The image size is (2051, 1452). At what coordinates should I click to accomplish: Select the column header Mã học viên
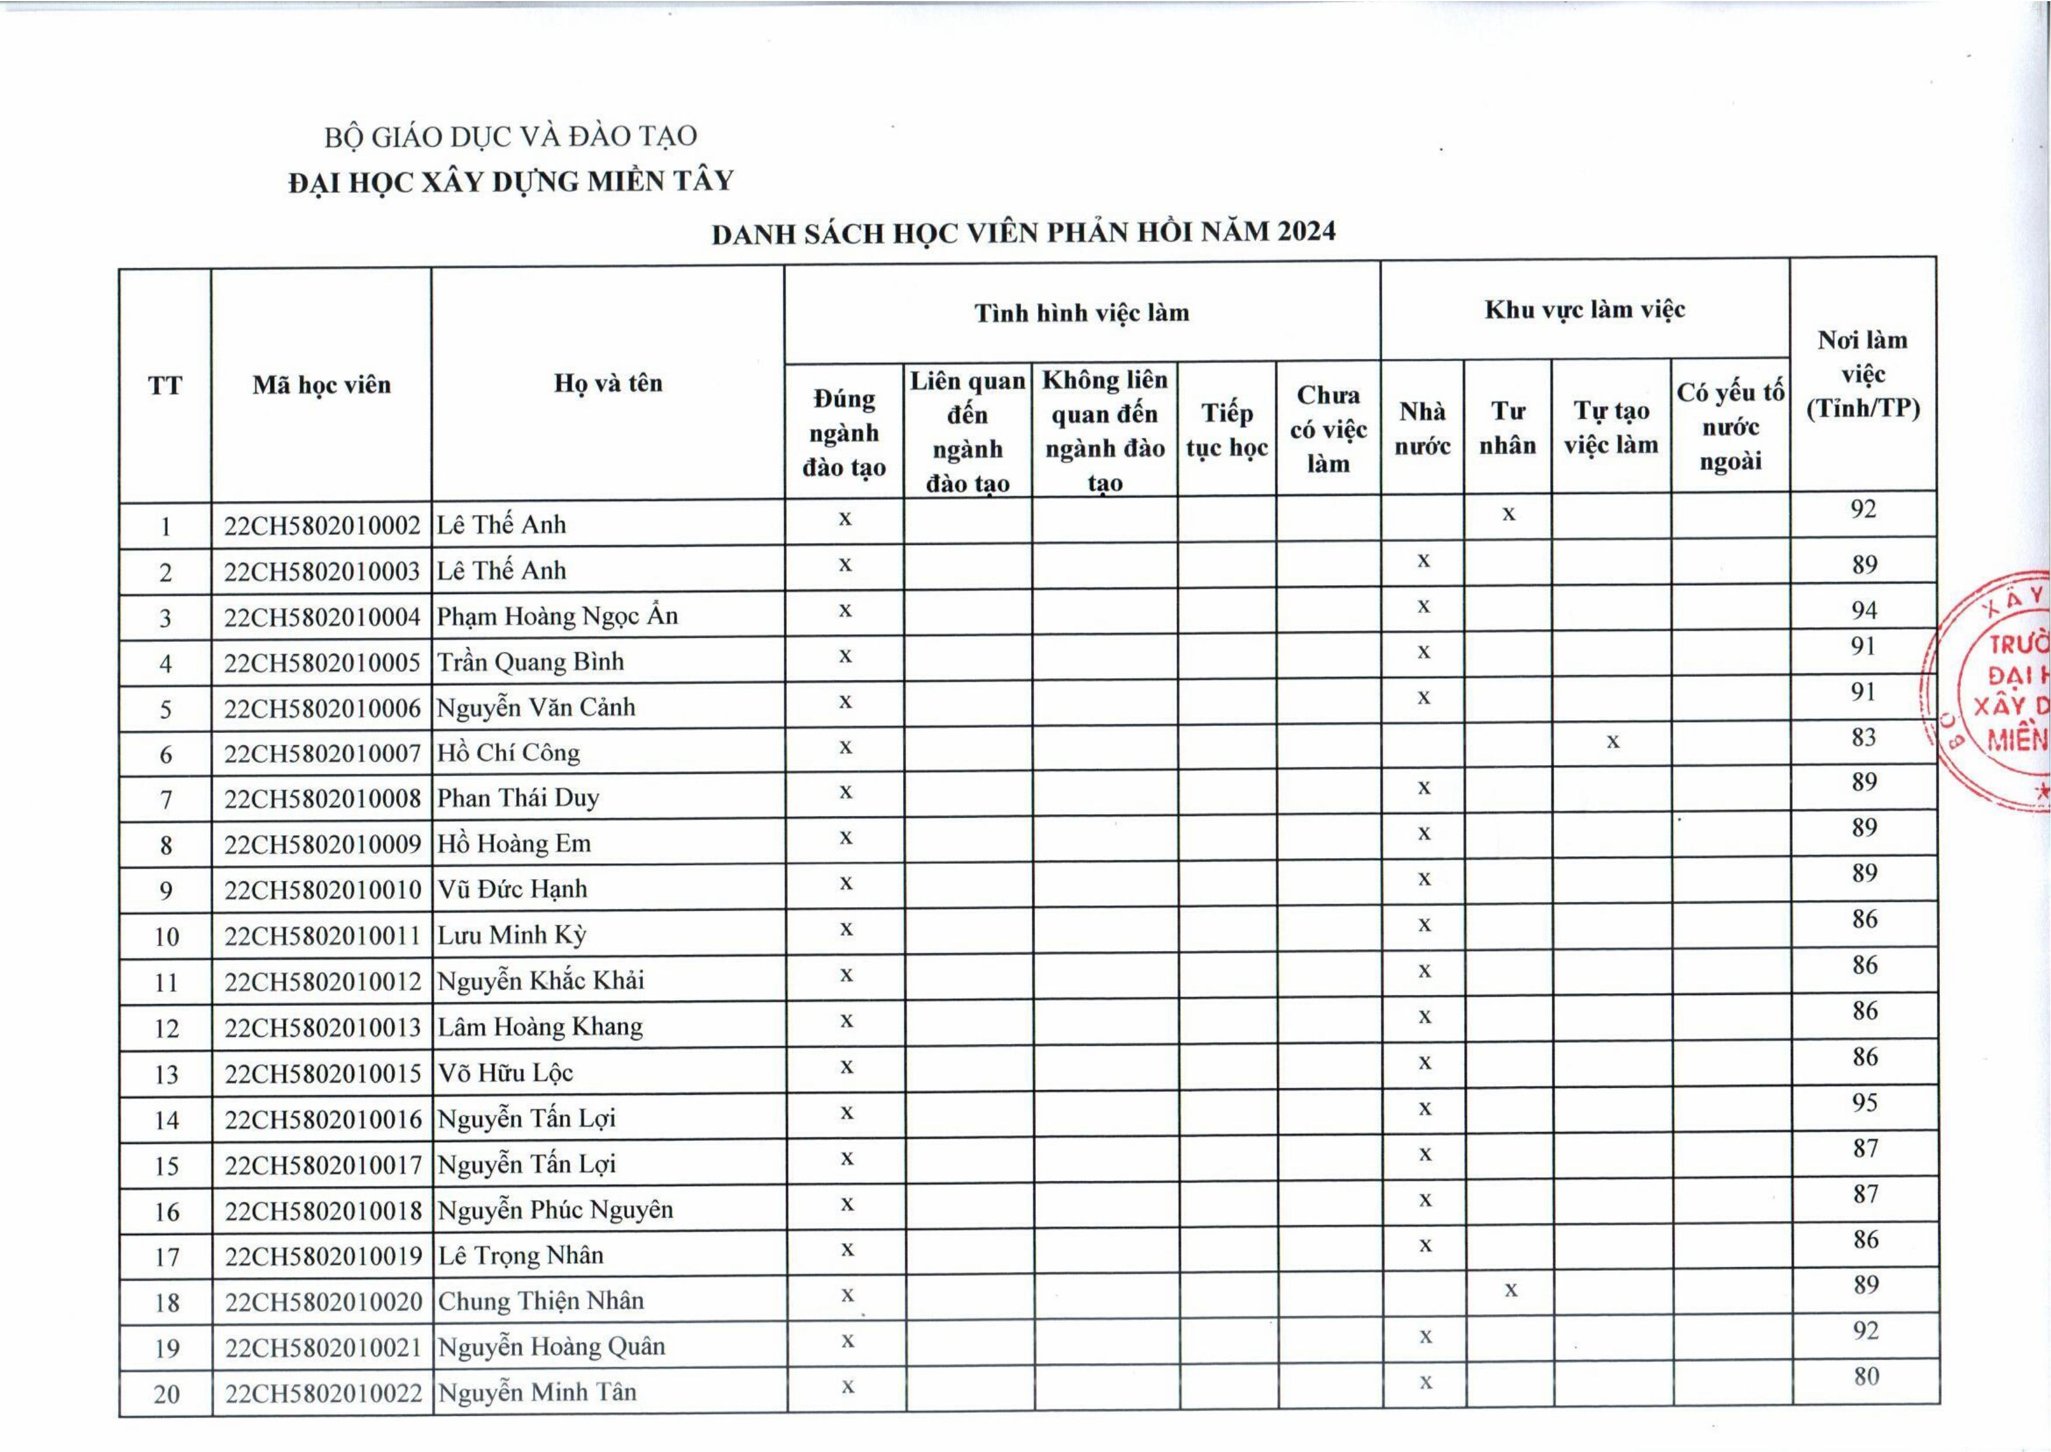pos(322,385)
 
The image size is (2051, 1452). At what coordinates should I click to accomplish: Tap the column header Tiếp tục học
pos(1227,430)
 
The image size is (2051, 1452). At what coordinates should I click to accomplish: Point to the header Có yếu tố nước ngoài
pos(1730,427)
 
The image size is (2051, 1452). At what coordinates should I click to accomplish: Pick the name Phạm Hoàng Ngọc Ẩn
pos(557,616)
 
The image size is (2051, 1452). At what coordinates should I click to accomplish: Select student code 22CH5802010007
pos(322,753)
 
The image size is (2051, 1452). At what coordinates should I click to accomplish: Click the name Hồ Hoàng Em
pos(514,843)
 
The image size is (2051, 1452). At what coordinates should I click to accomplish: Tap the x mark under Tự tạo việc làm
pos(1612,741)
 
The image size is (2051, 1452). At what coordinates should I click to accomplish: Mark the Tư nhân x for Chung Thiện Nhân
pos(1510,1290)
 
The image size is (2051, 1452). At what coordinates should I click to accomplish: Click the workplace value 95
pos(1864,1102)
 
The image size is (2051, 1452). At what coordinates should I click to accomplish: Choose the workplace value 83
pos(1863,738)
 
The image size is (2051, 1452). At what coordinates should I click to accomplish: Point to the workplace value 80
pos(1866,1376)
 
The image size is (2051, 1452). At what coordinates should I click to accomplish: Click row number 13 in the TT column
pos(167,1074)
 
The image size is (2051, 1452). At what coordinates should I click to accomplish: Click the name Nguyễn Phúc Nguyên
pos(554,1209)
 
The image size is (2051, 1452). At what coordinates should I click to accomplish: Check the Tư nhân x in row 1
pos(1509,514)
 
